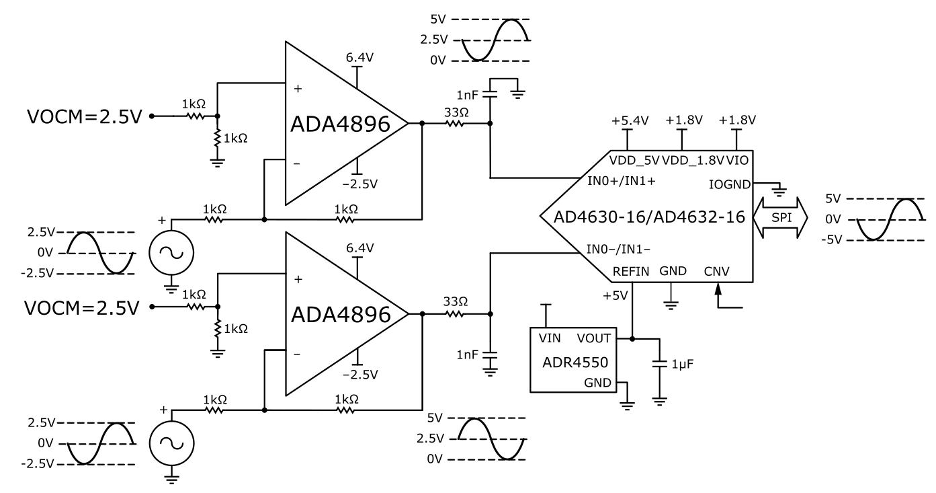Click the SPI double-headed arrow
coord(780,218)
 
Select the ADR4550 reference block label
coord(575,362)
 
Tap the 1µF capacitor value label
coord(683,365)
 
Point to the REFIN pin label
coord(630,271)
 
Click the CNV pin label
coord(716,271)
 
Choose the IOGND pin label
coord(730,184)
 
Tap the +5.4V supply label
coord(630,121)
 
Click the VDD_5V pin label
coord(634,160)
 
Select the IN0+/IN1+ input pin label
coord(622,181)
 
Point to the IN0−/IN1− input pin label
coord(618,250)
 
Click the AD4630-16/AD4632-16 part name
coord(649,217)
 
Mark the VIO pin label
coord(737,160)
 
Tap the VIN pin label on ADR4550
coord(550,338)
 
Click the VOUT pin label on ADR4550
coord(594,338)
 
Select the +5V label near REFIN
coord(615,296)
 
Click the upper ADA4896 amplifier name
coord(340,124)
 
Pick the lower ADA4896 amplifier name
coord(341,315)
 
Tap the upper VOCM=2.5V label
coord(85,116)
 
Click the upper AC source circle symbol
coord(171,253)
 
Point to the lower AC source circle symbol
coord(171,443)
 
